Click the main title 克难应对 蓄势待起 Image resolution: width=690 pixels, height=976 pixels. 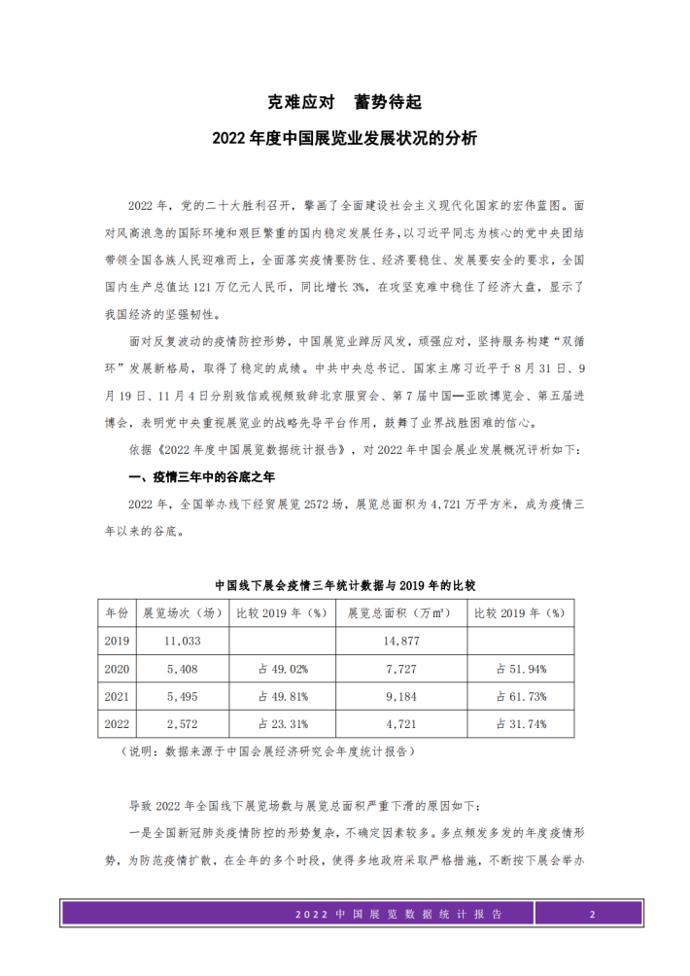pyautogui.click(x=344, y=101)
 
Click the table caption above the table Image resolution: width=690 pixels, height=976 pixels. pyautogui.click(x=344, y=586)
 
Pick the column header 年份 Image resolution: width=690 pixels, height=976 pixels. pyautogui.click(x=116, y=613)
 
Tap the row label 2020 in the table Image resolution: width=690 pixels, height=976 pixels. pyautogui.click(x=116, y=669)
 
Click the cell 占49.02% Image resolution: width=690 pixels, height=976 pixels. pyautogui.click(x=282, y=669)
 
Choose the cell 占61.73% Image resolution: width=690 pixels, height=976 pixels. pyautogui.click(x=521, y=696)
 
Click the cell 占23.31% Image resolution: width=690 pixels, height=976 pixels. pyautogui.click(x=282, y=724)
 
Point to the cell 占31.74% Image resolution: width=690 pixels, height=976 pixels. pyautogui.click(x=521, y=724)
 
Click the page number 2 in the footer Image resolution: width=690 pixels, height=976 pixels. pyautogui.click(x=591, y=915)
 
